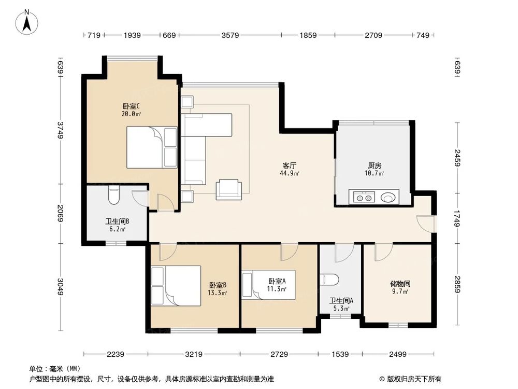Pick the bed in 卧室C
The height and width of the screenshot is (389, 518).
click(x=152, y=148)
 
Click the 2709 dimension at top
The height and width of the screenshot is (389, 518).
click(x=373, y=35)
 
